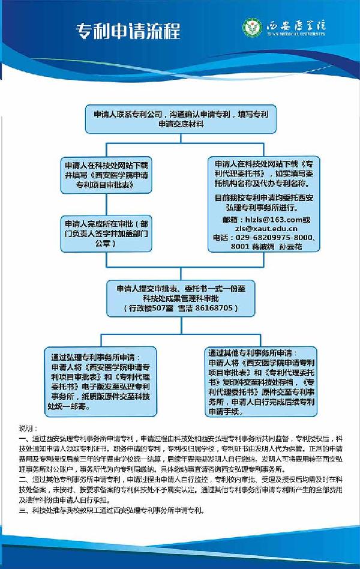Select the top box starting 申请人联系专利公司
coord(180,118)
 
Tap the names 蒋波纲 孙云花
coord(283,246)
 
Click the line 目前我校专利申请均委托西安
coord(262,197)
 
